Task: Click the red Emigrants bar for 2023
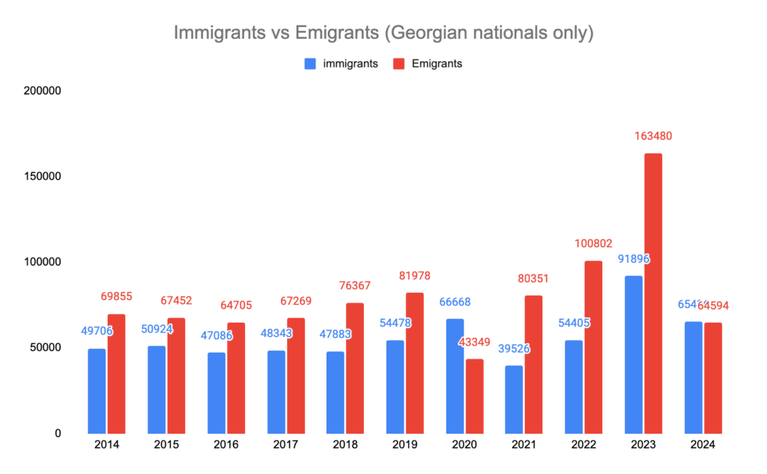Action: click(x=653, y=293)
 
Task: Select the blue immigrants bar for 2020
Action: click(x=455, y=376)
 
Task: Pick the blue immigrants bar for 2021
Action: click(x=514, y=399)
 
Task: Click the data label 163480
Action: click(x=653, y=136)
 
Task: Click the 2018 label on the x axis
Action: click(x=345, y=445)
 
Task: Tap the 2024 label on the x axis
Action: click(x=703, y=445)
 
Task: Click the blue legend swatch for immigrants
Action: click(x=310, y=64)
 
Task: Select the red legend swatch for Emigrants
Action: click(x=399, y=64)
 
